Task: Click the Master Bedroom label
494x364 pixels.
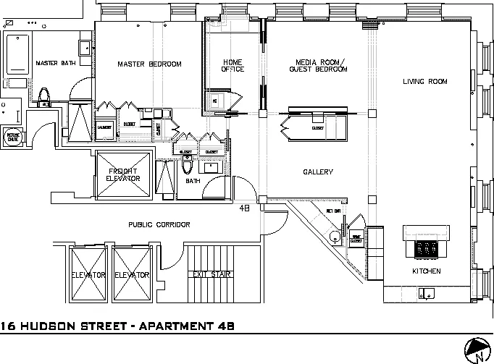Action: (x=149, y=64)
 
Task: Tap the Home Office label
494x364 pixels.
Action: (x=233, y=66)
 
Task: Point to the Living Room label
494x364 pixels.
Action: (x=424, y=81)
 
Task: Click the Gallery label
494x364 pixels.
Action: (x=317, y=172)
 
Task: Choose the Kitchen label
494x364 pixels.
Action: (x=426, y=271)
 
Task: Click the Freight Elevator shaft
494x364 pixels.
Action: (x=122, y=174)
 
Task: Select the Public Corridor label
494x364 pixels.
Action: (x=159, y=225)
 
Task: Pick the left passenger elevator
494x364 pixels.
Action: (x=89, y=275)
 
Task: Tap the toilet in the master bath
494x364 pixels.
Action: (x=44, y=96)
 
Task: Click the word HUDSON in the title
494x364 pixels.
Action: (x=57, y=327)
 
